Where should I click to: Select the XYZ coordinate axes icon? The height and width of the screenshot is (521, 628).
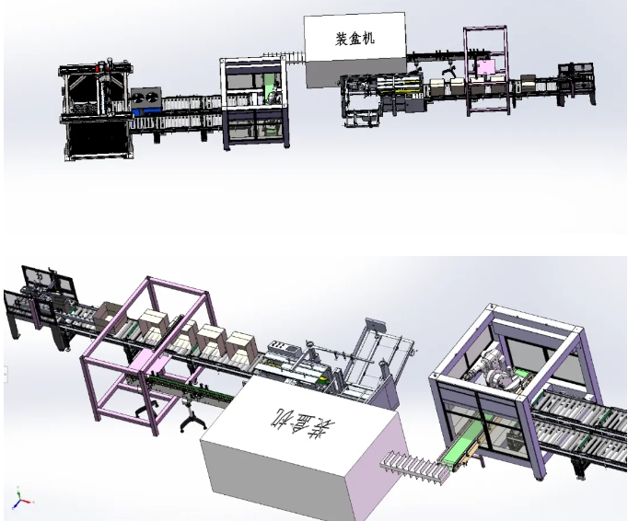pyautogui.click(x=20, y=501)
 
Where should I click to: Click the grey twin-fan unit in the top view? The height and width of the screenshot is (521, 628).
pyautogui.click(x=145, y=98)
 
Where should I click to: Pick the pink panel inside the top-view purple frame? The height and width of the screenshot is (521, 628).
pyautogui.click(x=484, y=67)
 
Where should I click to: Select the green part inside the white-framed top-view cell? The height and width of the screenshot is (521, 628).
pyautogui.click(x=270, y=88)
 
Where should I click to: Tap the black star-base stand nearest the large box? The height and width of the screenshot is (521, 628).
pyautogui.click(x=192, y=422)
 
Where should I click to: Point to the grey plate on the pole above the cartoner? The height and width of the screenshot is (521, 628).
pyautogui.click(x=375, y=326)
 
